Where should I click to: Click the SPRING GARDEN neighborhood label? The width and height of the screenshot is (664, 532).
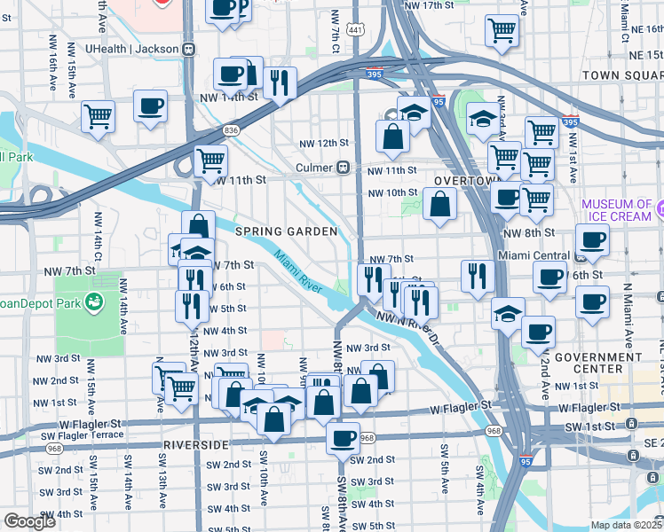click(x=286, y=231)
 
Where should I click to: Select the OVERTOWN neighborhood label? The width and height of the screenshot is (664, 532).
click(x=462, y=181)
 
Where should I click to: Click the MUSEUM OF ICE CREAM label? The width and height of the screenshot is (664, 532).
click(x=617, y=210)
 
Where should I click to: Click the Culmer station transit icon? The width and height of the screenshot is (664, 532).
click(x=342, y=168)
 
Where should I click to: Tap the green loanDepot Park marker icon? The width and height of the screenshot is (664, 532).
click(x=92, y=304)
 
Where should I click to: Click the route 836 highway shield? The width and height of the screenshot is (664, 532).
click(x=232, y=130)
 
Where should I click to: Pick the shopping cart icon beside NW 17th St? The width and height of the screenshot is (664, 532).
click(x=502, y=30)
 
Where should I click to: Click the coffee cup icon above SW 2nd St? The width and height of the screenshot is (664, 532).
click(x=343, y=436)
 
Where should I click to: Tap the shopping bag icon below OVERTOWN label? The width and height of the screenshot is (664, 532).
click(x=440, y=204)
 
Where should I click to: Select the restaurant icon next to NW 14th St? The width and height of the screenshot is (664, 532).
click(x=281, y=83)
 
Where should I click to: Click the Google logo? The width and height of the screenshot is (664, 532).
click(x=29, y=521)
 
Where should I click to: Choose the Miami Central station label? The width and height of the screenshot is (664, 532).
click(x=533, y=255)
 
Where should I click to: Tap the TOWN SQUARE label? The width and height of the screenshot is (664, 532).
click(x=621, y=75)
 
